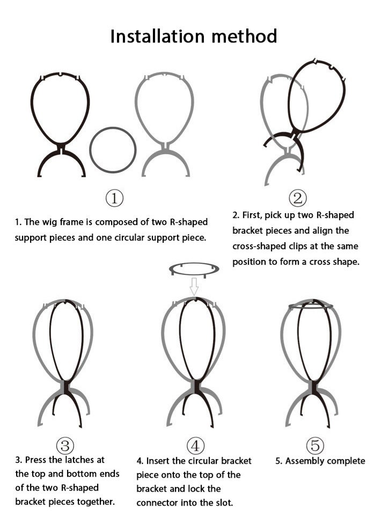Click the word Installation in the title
[157, 36]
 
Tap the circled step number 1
[114, 198]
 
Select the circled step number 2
[298, 198]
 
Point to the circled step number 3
[65, 446]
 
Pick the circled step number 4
[195, 446]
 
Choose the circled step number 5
[315, 446]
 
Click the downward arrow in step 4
[194, 286]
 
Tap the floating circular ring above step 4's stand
[194, 274]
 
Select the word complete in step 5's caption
[346, 461]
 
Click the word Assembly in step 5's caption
[305, 461]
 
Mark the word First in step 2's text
[252, 215]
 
